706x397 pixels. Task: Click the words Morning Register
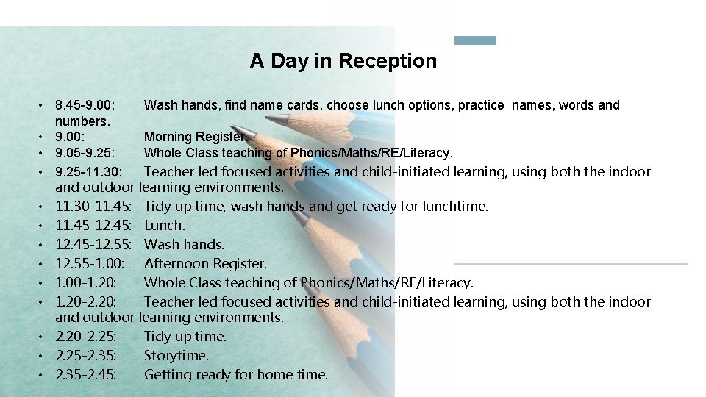pos(196,137)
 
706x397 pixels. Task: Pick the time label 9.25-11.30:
pos(94,172)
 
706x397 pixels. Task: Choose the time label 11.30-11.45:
pos(94,207)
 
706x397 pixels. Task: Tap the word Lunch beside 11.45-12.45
pos(164,226)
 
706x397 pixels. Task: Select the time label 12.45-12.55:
pos(94,245)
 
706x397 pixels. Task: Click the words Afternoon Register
pos(205,264)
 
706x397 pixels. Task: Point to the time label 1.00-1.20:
pos(89,283)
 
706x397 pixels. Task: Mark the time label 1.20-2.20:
pos(89,302)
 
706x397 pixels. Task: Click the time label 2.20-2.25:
pos(89,337)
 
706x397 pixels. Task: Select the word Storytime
pos(176,356)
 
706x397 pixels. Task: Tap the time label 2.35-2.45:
pos(89,375)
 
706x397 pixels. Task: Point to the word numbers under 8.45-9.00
pos(82,120)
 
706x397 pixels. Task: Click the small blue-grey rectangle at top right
pos(475,40)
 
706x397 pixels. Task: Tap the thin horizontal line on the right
pos(571,263)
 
